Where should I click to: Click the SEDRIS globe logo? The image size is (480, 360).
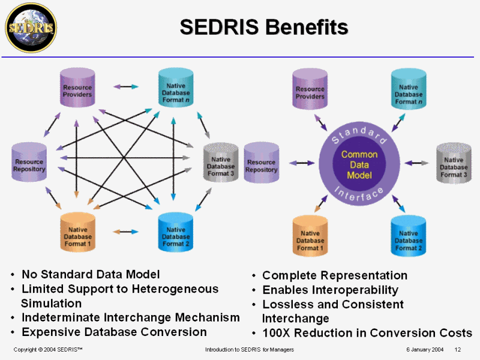(x=30, y=27)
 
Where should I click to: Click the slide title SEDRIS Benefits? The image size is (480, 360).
(x=264, y=27)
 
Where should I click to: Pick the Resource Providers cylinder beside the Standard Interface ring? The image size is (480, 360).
(x=310, y=91)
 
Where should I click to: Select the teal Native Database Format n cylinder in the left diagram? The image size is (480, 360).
(x=176, y=91)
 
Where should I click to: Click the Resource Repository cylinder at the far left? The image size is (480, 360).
(x=29, y=163)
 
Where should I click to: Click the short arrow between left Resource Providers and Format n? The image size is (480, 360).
(x=126, y=87)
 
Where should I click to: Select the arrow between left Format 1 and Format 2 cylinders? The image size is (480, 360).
(x=126, y=231)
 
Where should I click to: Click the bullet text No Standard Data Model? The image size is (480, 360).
(x=91, y=274)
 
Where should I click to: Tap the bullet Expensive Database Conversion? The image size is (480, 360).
(x=114, y=332)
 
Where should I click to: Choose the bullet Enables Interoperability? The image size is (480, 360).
(x=330, y=290)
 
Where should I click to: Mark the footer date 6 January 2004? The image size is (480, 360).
(x=424, y=350)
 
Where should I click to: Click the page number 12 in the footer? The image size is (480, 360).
(x=458, y=350)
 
